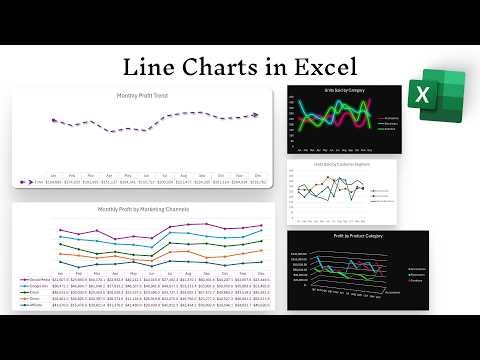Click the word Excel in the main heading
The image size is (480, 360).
point(321,67)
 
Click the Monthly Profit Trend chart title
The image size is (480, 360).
point(141,96)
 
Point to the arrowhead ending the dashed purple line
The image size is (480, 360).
point(256,115)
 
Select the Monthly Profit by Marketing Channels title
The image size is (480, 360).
point(141,209)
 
